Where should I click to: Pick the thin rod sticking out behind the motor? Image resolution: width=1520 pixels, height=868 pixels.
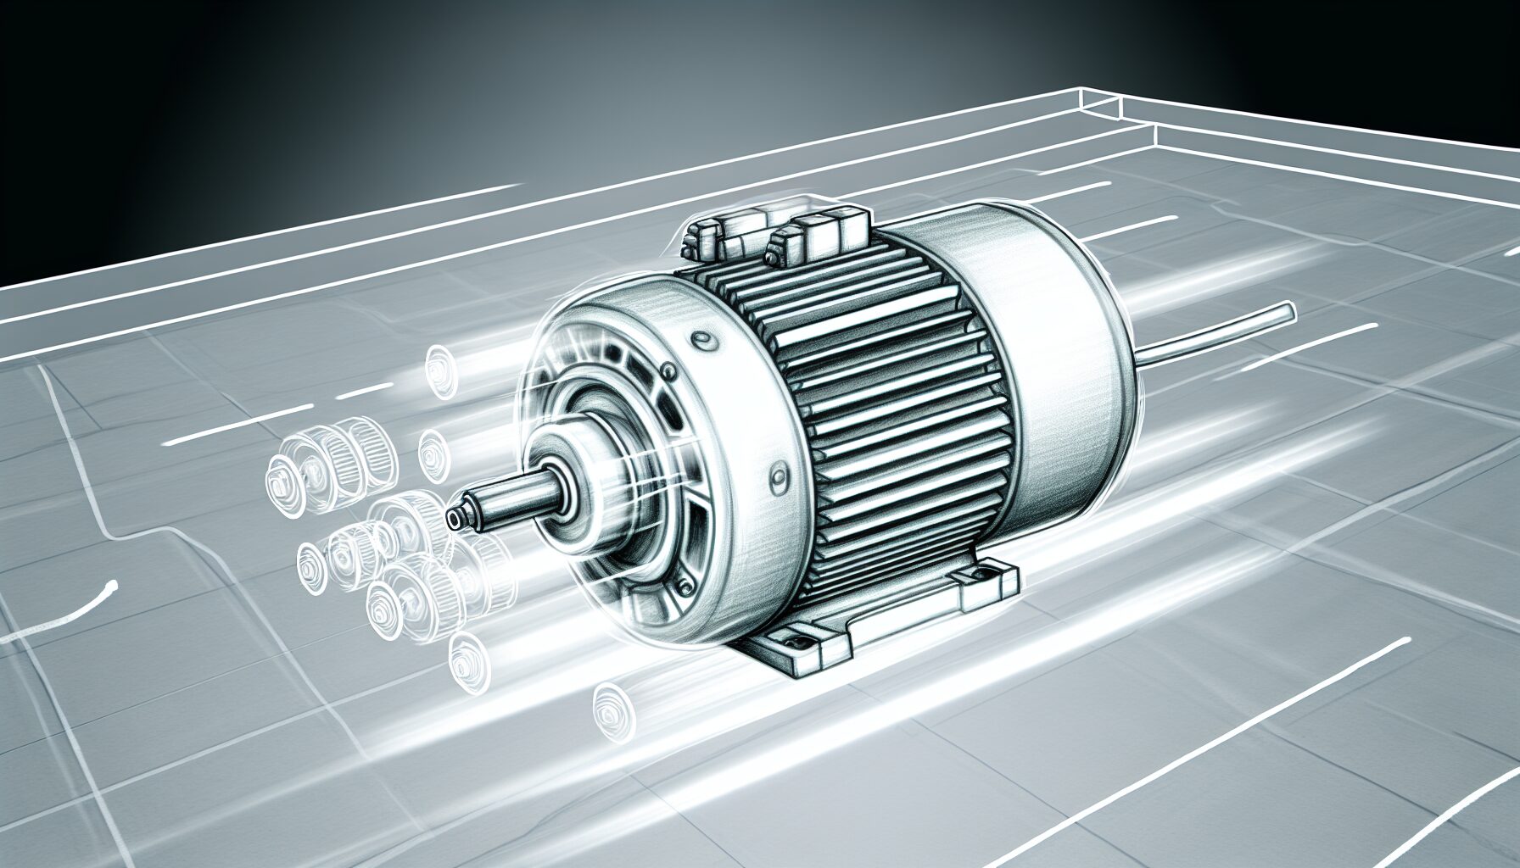(1213, 331)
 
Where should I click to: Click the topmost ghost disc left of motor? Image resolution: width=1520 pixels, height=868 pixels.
(437, 370)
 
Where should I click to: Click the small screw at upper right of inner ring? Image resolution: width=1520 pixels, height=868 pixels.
(669, 372)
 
